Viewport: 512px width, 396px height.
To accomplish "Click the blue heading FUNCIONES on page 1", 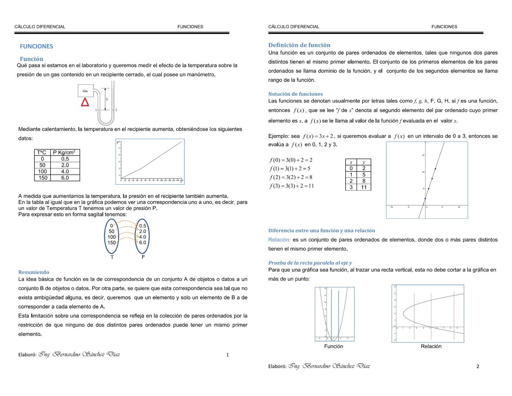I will (x=36, y=46).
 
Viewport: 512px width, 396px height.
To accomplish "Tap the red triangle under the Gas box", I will (x=85, y=102).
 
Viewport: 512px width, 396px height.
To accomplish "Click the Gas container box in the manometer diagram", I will (x=85, y=91).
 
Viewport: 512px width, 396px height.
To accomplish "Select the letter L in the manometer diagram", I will (x=107, y=99).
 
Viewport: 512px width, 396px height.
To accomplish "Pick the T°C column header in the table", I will (x=42, y=153).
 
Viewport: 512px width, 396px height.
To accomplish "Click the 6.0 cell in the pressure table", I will (x=65, y=178).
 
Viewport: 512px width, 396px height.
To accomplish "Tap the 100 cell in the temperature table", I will (x=42, y=172).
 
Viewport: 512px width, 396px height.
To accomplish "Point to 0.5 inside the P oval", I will (x=143, y=226).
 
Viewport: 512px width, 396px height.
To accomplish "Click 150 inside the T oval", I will (x=111, y=242).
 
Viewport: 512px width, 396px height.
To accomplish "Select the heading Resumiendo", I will (x=34, y=272).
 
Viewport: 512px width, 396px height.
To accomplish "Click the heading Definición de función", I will (x=299, y=45).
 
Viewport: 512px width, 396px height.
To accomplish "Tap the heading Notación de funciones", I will (x=295, y=94).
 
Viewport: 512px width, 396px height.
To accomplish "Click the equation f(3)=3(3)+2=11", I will (x=292, y=186).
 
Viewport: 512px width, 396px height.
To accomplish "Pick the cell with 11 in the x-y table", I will (x=364, y=187).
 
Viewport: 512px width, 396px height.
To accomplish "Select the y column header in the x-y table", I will (x=364, y=162).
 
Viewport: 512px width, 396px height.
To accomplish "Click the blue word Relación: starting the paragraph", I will (x=279, y=240).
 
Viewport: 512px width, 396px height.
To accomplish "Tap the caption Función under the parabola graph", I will (x=334, y=346).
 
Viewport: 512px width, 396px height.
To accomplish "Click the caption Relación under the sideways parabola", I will (x=431, y=346).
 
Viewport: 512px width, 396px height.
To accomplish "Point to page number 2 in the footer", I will (x=478, y=366).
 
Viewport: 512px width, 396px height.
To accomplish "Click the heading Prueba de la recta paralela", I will (x=310, y=263).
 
